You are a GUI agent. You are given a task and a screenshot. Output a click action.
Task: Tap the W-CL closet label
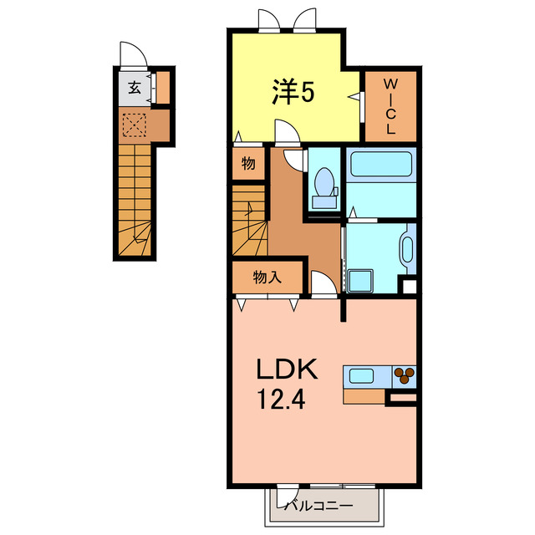tap(390, 107)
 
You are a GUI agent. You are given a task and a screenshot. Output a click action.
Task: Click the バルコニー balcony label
tap(318, 505)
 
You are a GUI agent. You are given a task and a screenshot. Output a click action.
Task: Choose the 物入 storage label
tap(267, 278)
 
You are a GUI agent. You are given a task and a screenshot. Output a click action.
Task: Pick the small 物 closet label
tap(248, 164)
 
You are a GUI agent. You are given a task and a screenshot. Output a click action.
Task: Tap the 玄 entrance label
tap(134, 87)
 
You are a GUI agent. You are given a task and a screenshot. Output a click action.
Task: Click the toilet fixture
tap(324, 186)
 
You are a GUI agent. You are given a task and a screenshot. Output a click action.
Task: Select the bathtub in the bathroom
tap(381, 164)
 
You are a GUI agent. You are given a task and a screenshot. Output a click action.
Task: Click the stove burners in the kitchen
tap(405, 376)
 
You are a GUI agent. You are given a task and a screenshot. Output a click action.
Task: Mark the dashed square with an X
tap(134, 125)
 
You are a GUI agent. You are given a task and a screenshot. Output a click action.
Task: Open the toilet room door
tap(294, 159)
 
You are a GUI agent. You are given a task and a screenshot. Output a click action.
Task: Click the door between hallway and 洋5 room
tap(285, 131)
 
